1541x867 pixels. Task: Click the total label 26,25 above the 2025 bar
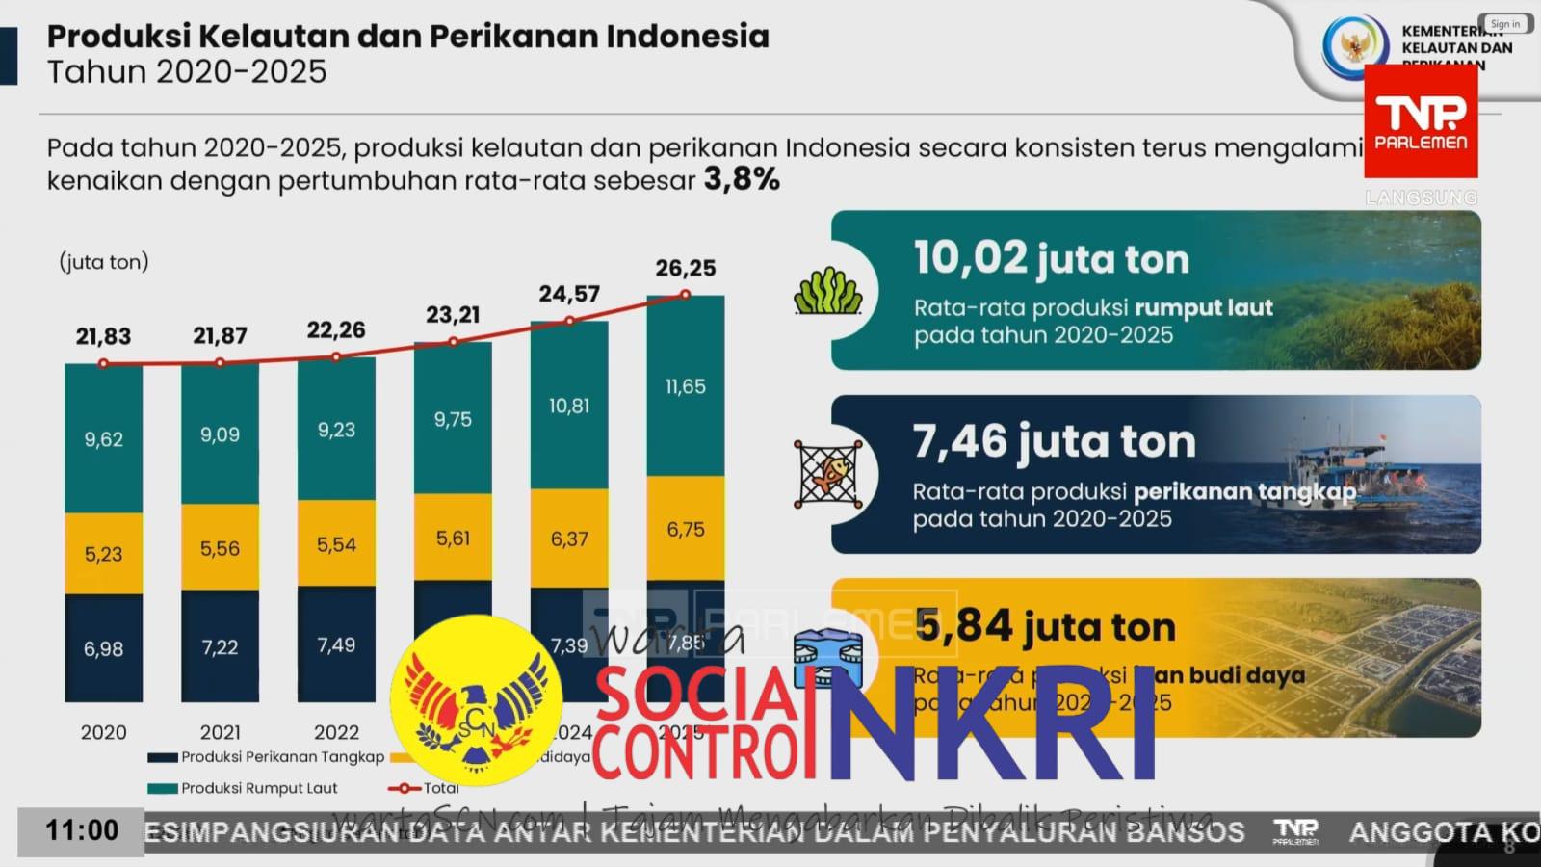(685, 268)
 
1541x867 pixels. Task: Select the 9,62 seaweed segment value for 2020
(103, 439)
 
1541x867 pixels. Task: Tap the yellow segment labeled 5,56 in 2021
(220, 548)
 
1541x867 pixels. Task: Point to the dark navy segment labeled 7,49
(336, 644)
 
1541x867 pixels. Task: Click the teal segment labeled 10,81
(569, 406)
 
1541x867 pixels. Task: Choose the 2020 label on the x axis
(103, 732)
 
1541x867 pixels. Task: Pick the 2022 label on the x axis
(336, 732)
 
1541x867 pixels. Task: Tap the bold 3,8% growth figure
(742, 179)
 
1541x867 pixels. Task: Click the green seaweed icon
(827, 291)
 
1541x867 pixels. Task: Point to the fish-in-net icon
(827, 474)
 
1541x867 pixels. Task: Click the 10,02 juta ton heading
(1051, 259)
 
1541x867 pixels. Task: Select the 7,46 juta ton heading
(1054, 442)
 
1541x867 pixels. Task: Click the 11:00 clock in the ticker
(82, 830)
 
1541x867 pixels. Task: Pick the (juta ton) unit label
(104, 262)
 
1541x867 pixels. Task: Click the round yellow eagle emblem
(476, 700)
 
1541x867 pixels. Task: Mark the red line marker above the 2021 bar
(220, 363)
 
